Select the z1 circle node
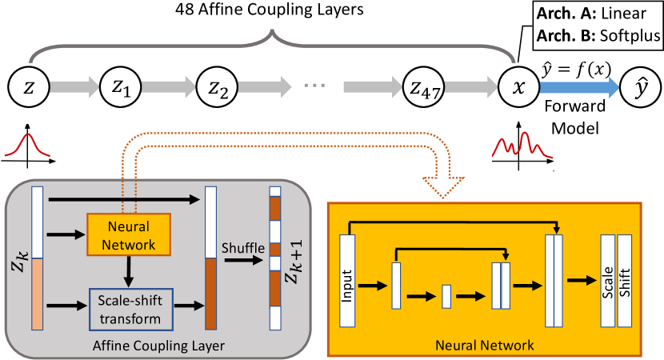coord(121,86)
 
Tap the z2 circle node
coord(216,86)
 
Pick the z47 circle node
coord(423,86)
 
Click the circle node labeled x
coord(518,86)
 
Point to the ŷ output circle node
coord(637,86)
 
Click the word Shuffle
coord(242,250)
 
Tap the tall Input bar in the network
coord(347,280)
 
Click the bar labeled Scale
coord(607,280)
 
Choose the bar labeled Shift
coord(625,280)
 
